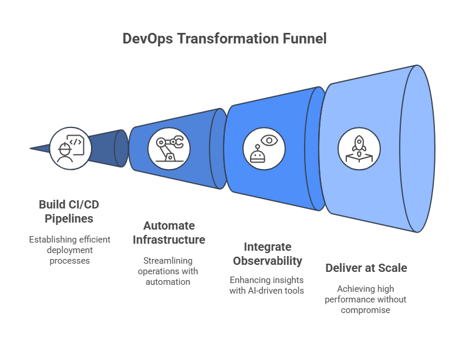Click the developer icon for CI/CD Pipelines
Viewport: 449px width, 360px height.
pos(70,148)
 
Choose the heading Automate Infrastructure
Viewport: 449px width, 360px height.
pos(168,233)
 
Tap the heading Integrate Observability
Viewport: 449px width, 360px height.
pos(267,254)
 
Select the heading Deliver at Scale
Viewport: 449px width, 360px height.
pos(366,268)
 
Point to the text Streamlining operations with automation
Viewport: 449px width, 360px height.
pos(168,271)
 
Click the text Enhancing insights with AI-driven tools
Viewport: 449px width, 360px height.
pos(267,285)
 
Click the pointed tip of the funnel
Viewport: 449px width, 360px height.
pos(32,149)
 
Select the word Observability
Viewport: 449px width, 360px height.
pos(267,261)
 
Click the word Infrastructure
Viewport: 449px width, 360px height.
pos(168,240)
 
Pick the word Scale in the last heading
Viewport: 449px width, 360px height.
pos(393,268)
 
